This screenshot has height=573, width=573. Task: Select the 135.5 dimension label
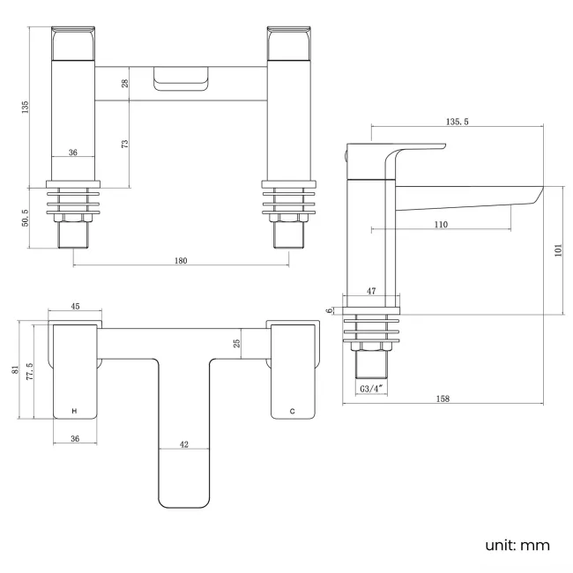coord(457,121)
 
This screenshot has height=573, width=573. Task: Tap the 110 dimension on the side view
coord(441,224)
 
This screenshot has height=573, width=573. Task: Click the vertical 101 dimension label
coord(557,249)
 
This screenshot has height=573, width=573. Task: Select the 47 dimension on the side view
coord(370,289)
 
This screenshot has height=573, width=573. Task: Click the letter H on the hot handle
coord(74,412)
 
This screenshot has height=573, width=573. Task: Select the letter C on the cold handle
coord(293,412)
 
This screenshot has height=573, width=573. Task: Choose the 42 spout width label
coord(183,445)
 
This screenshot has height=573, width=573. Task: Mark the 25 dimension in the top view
coord(237,343)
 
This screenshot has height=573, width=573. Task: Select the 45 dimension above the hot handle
coord(75,307)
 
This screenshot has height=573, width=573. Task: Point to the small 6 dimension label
coord(329,310)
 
